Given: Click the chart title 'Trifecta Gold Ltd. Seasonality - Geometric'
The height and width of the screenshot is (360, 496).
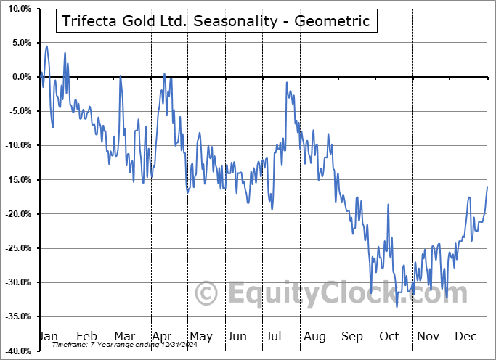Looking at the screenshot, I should pos(215,21).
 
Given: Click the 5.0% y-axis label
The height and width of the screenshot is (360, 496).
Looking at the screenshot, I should pos(20,43).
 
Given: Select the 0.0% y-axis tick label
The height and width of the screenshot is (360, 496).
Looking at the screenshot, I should pos(20,77).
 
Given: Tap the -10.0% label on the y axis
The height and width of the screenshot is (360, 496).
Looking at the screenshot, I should pos(17,145).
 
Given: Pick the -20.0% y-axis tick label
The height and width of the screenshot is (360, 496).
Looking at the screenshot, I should pos(17,214).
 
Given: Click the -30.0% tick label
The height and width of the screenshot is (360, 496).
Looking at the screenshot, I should pos(17,282).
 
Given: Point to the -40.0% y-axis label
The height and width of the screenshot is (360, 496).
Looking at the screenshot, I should pos(17,351).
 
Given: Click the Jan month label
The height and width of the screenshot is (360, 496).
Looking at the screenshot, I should pos(48,337).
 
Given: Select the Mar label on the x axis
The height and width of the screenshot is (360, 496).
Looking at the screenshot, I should pos(124,337).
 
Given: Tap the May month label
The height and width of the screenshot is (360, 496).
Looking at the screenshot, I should pos(200,337).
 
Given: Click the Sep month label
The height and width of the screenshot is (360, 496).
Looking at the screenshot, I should pos(352,337).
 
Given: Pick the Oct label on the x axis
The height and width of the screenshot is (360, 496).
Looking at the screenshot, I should pos(390,337).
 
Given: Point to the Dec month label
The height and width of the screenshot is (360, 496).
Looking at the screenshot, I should pos(465,337).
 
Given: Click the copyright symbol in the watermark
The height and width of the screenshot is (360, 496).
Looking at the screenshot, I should pos(207,294).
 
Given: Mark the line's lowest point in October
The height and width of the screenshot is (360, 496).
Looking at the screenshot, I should pos(397,307).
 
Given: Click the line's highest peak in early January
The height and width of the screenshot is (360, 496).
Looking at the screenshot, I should pos(46,46).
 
